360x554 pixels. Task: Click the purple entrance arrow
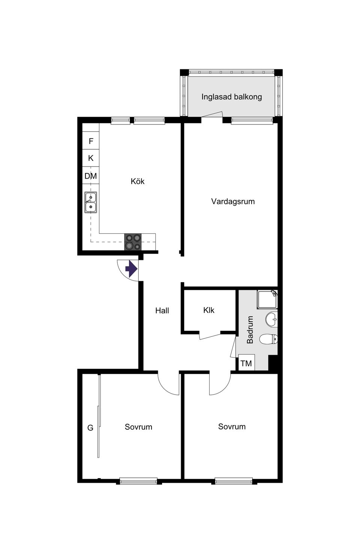pyautogui.click(x=131, y=269)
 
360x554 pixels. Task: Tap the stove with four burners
pyautogui.click(x=133, y=242)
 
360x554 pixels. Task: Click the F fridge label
pyautogui.click(x=91, y=141)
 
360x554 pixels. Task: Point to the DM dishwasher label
pyautogui.click(x=91, y=176)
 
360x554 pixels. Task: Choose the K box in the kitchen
pyautogui.click(x=91, y=158)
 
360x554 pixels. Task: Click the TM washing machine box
pyautogui.click(x=246, y=363)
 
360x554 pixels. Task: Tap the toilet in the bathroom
pyautogui.click(x=269, y=339)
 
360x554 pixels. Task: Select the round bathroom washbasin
pyautogui.click(x=271, y=320)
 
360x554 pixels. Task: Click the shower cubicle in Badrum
pyautogui.click(x=267, y=299)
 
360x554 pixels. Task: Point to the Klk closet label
pyautogui.click(x=209, y=310)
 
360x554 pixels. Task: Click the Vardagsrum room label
pyautogui.click(x=233, y=201)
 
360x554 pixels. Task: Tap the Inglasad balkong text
pyautogui.click(x=231, y=97)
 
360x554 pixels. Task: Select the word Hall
pyautogui.click(x=162, y=311)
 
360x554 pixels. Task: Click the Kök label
pyautogui.click(x=138, y=181)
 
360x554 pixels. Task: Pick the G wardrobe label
pyautogui.click(x=90, y=428)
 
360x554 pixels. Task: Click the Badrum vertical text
pyautogui.click(x=250, y=330)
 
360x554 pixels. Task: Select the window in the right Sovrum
pyautogui.click(x=234, y=481)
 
